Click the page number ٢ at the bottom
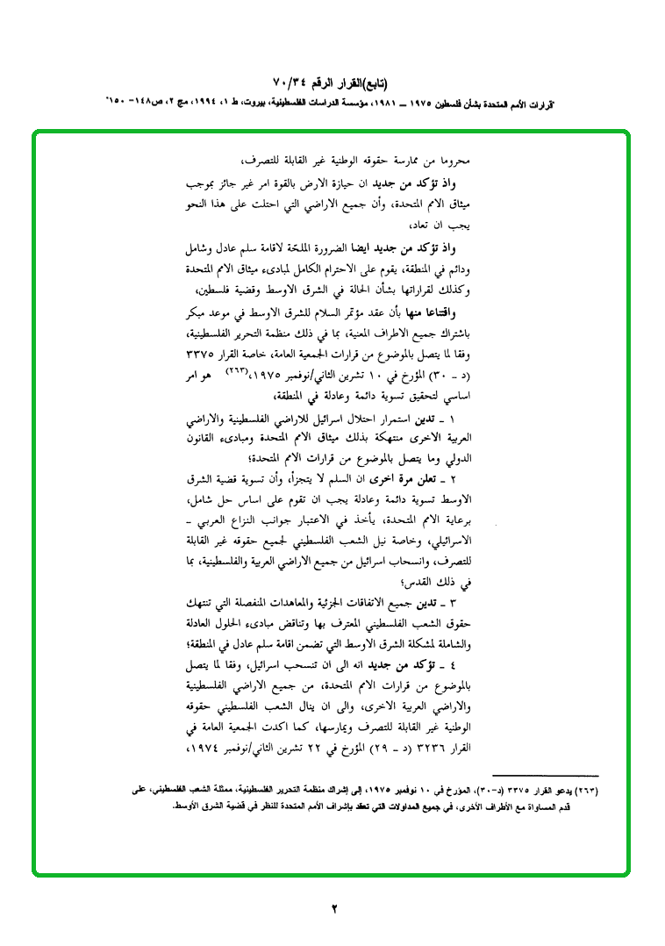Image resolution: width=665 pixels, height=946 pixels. pyautogui.click(x=332, y=909)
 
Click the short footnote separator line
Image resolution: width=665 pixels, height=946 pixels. pyautogui.click(x=545, y=776)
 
